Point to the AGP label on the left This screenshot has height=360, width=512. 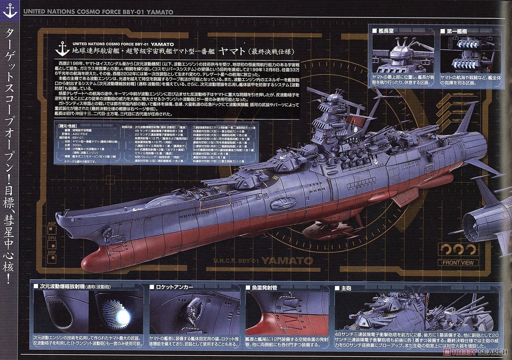click(52, 223)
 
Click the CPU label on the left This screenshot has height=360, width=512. click(52, 238)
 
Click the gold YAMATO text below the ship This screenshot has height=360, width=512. click(287, 260)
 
